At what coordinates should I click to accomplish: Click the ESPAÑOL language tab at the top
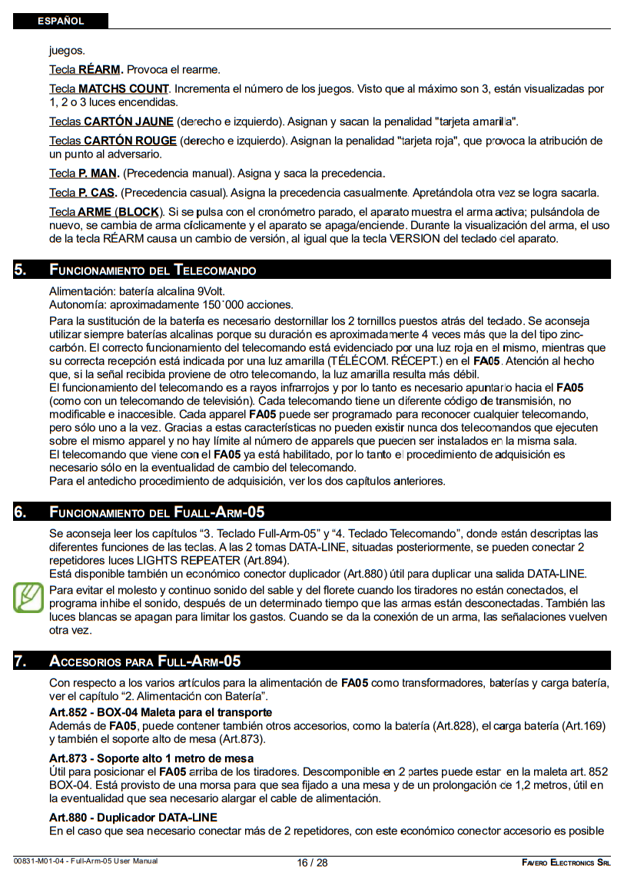(x=60, y=21)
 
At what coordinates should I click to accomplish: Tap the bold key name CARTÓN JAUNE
(x=128, y=121)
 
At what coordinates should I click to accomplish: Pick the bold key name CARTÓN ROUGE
(x=130, y=141)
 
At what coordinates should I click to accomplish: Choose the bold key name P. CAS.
(x=98, y=192)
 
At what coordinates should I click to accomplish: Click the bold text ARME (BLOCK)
(x=120, y=211)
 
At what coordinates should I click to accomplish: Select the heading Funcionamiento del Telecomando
(x=152, y=270)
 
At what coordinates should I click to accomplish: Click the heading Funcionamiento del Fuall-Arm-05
(x=157, y=512)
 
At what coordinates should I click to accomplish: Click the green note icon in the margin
(x=28, y=597)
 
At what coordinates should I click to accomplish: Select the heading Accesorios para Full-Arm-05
(x=144, y=661)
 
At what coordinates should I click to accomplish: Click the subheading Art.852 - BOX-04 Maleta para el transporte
(x=160, y=713)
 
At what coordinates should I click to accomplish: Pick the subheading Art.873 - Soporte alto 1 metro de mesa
(x=151, y=759)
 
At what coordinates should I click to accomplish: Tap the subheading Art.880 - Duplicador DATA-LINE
(x=133, y=817)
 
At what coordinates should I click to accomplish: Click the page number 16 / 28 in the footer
(x=312, y=863)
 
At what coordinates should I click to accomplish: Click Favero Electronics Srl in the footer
(x=566, y=863)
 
